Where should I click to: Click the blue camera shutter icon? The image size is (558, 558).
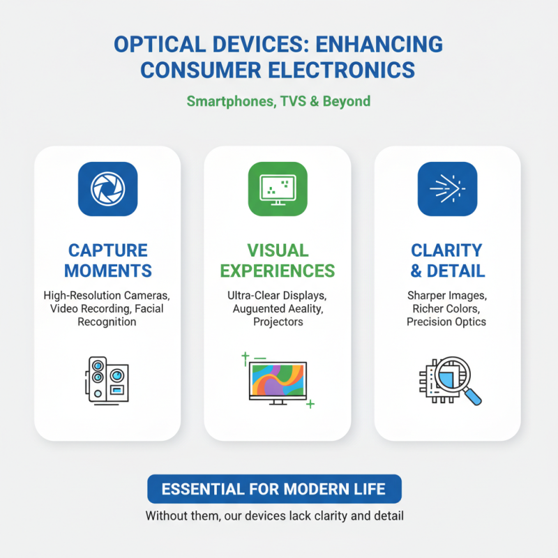pos(107,189)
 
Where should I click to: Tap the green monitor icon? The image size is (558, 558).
pos(278,189)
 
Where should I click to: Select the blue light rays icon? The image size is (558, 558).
pos(447,189)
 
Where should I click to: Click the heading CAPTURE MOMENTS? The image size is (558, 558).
pos(107,260)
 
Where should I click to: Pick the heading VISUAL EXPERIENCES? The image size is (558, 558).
pos(278,260)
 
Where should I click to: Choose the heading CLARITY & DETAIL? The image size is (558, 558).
pos(447,260)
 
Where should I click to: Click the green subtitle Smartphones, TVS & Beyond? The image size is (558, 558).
pos(278,101)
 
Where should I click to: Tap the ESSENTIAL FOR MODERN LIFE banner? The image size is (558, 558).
pos(274,489)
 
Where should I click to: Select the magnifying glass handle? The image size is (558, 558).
pos(473,396)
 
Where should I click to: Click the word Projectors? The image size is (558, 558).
pos(278,322)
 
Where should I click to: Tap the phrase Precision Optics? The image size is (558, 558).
pos(447,322)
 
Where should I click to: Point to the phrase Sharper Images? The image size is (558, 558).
pos(447,295)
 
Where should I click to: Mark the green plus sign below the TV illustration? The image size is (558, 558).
pos(310,404)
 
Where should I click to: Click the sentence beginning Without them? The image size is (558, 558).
pos(274,517)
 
